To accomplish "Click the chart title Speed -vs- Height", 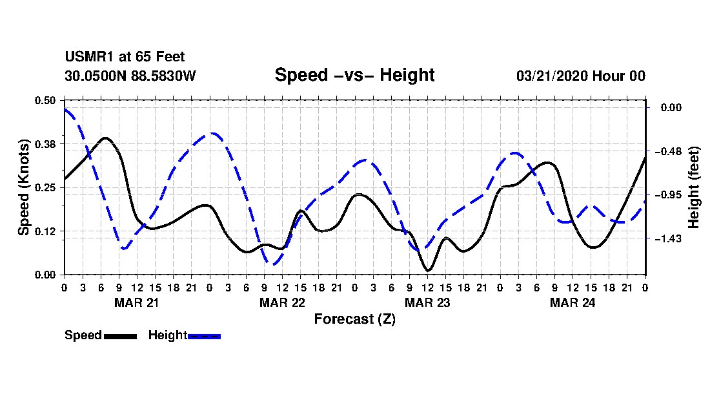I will (354, 75).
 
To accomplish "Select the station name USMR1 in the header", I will (86, 58).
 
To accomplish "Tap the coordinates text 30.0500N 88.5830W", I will (130, 76).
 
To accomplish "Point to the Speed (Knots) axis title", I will (24, 187).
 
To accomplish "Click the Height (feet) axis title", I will (695, 187).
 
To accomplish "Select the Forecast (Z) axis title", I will (354, 319).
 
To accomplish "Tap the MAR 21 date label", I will (136, 302).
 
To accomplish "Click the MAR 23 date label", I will (427, 302).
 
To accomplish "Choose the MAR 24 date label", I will (572, 302).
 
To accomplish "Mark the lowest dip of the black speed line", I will (427, 270).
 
